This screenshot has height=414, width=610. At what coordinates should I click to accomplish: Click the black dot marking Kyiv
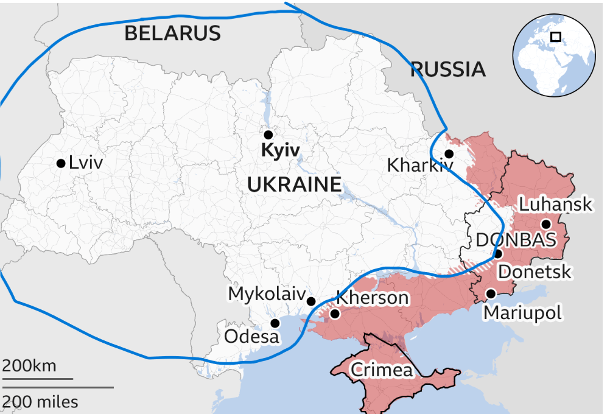point(268,135)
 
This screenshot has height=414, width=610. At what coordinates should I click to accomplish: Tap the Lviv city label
point(86,163)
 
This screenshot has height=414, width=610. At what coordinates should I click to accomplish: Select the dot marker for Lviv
point(61,163)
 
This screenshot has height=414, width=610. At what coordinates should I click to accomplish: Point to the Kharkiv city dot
point(449,154)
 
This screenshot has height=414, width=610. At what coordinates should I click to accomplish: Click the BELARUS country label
point(172,33)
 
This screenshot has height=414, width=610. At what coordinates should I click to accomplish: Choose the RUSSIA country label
point(448,69)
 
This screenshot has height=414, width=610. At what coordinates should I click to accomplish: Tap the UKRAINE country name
point(294,184)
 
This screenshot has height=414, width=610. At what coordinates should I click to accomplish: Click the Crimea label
point(382,370)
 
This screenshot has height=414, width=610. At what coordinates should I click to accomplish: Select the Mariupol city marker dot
point(491,294)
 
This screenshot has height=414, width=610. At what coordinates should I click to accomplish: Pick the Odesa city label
point(251,336)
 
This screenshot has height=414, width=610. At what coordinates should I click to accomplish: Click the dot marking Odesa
point(275,323)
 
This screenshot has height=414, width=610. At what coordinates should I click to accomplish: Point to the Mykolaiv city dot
point(311,301)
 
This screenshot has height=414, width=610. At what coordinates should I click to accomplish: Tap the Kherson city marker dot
point(334,314)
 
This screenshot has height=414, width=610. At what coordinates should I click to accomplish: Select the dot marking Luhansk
point(546,223)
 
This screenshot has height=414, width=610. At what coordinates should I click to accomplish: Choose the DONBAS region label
point(516,240)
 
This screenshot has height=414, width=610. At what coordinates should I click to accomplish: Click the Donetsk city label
point(535,271)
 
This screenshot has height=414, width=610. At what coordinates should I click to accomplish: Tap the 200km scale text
point(29,367)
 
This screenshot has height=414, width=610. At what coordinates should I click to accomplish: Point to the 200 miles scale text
point(40,402)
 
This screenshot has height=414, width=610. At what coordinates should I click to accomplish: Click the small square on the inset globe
point(555,37)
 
